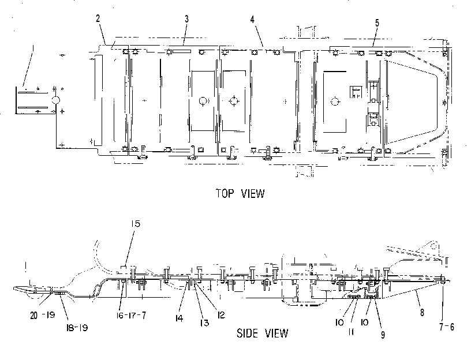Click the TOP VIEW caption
click(x=240, y=194)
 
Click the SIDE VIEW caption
click(x=262, y=333)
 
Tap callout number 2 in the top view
click(x=98, y=18)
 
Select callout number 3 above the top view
click(x=186, y=19)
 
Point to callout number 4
click(x=252, y=20)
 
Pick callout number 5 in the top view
click(x=377, y=23)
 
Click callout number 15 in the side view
click(x=136, y=224)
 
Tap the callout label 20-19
click(x=42, y=315)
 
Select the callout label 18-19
click(x=77, y=328)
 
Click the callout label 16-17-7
click(x=131, y=315)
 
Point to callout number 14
click(x=179, y=318)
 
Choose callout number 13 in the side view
click(x=204, y=323)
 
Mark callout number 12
click(x=221, y=315)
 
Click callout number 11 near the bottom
click(x=351, y=332)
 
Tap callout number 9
click(x=383, y=335)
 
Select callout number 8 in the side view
click(x=422, y=313)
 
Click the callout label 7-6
click(x=447, y=327)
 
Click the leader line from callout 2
click(x=102, y=34)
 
